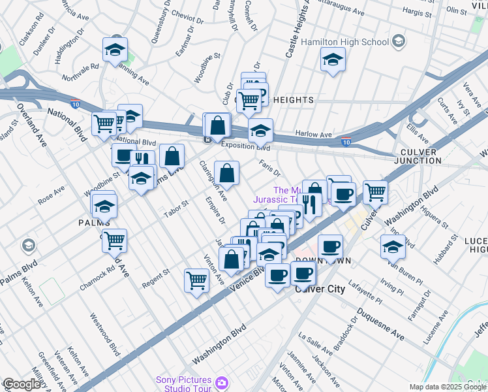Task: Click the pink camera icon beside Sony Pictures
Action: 222,382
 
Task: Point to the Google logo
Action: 22,384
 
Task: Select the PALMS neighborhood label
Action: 94,223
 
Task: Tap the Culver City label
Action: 320,288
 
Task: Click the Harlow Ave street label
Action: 318,134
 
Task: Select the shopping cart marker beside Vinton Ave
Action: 196,280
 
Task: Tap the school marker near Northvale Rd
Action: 115,50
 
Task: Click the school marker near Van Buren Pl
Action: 393,247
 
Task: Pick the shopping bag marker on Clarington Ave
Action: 226,174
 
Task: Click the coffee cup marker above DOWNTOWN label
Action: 331,247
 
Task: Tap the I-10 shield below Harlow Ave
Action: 346,142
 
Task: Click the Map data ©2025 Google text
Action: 448,387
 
